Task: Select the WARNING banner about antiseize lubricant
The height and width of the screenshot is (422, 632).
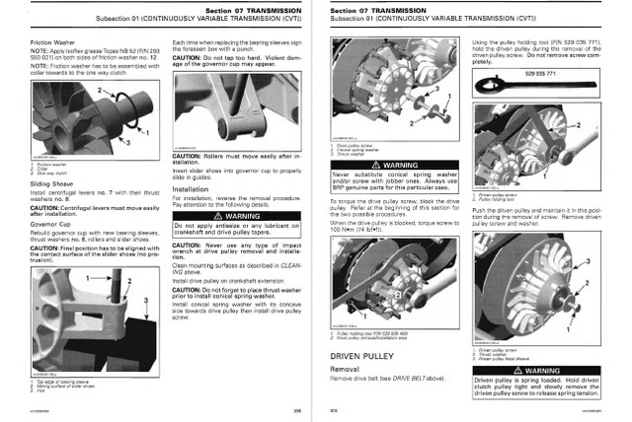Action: tap(229, 215)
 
